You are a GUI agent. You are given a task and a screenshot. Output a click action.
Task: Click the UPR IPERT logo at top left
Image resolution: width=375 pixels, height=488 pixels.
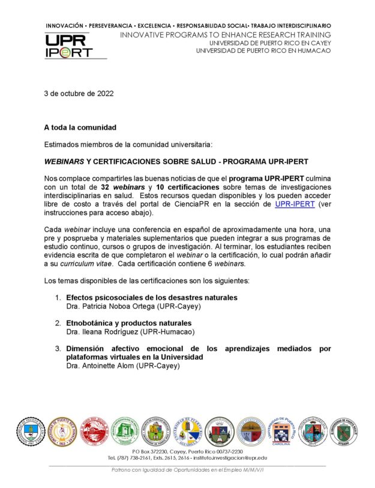[x=69, y=46]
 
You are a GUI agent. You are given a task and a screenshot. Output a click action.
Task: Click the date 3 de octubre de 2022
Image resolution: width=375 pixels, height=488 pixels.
[x=78, y=94]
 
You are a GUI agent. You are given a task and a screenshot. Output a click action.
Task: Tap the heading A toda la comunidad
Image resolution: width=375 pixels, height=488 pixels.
[x=80, y=127]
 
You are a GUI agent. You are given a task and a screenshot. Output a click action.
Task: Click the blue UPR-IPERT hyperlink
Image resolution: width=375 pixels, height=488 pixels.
[x=295, y=204]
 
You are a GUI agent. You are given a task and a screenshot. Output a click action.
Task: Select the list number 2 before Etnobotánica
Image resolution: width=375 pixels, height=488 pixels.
[x=58, y=323]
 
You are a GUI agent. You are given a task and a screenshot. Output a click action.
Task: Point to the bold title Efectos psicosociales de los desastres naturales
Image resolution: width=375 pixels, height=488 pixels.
[x=152, y=298]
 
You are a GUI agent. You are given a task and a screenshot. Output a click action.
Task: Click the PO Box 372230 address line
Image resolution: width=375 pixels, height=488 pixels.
[x=187, y=451]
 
